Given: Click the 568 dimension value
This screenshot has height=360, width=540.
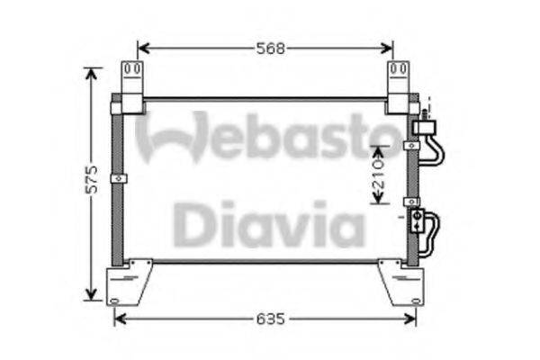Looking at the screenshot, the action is (x=271, y=49).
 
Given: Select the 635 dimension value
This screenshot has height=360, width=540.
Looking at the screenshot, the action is (x=271, y=319).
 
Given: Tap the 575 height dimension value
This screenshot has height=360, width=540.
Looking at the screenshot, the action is (x=92, y=179).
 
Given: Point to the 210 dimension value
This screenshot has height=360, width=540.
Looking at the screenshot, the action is (x=379, y=174).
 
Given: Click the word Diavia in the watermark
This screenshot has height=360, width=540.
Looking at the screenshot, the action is (x=269, y=224).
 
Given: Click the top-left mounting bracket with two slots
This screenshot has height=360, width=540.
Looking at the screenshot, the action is (x=132, y=87).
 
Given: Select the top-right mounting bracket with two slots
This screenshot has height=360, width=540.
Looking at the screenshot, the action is (x=398, y=87).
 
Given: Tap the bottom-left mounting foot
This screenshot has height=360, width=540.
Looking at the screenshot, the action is (x=128, y=282).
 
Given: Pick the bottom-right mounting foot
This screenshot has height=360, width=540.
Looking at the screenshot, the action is (x=402, y=282).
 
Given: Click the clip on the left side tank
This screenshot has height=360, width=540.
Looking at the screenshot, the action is (x=119, y=178).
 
